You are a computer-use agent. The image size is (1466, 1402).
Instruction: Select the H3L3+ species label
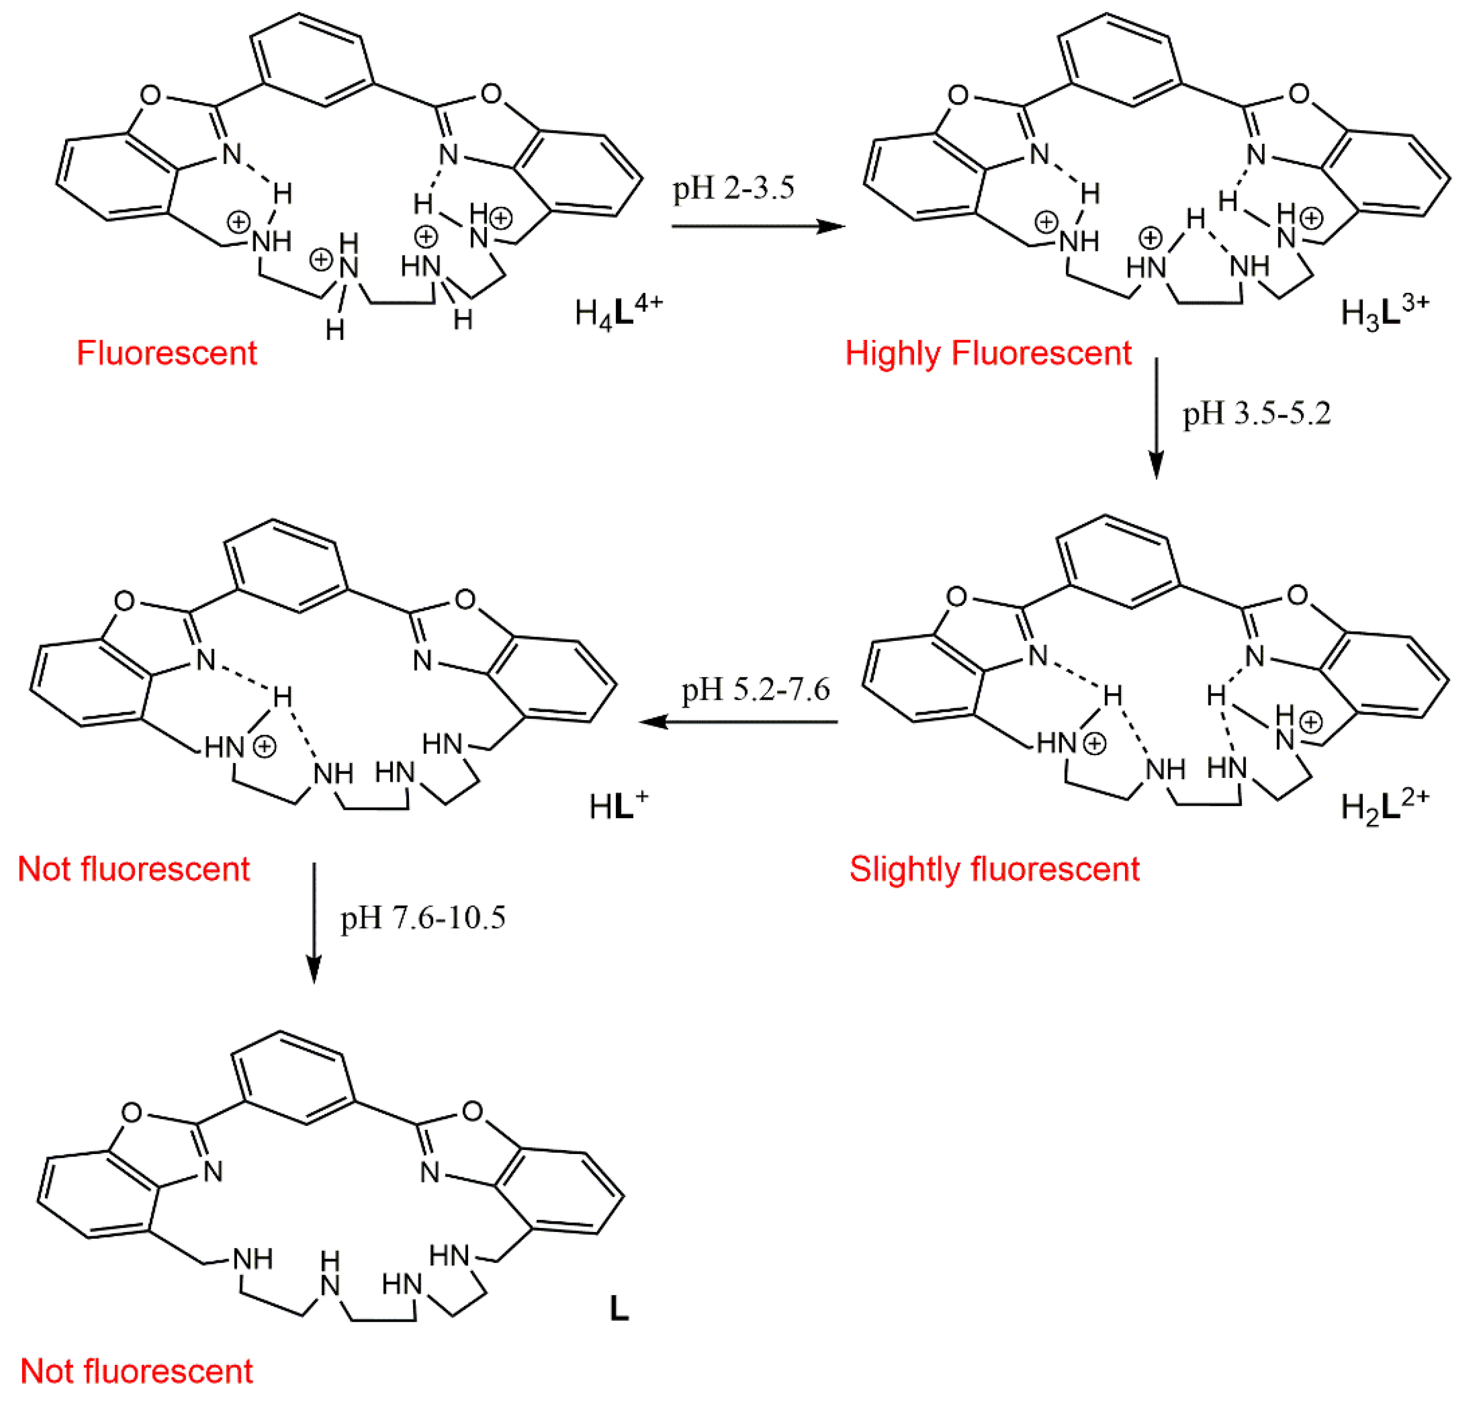tap(1384, 312)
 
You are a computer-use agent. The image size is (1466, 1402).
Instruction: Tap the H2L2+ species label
tap(1384, 807)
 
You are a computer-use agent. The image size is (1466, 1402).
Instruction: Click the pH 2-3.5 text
tap(733, 188)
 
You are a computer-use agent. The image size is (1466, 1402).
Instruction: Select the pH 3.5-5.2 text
tap(1256, 413)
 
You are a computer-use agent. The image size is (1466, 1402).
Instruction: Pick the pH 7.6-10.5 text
tap(423, 918)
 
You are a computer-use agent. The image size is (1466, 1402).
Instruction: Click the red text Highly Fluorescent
tap(988, 353)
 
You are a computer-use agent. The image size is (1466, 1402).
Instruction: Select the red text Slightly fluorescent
tap(994, 869)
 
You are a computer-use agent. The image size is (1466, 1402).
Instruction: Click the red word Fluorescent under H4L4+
tap(167, 353)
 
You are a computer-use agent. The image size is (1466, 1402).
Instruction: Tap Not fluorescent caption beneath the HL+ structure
tap(134, 869)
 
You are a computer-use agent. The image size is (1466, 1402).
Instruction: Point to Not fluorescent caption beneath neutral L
tap(136, 1371)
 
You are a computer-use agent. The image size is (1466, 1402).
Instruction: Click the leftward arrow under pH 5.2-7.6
tap(738, 722)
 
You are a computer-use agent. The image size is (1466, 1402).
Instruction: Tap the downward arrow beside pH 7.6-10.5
tap(314, 922)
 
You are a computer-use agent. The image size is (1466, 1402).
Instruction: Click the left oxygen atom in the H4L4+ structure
tap(150, 95)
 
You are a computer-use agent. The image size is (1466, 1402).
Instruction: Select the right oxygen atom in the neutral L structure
tap(472, 1111)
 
